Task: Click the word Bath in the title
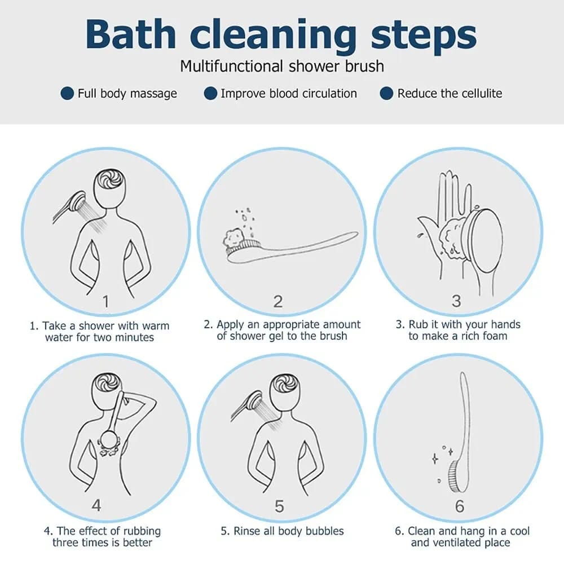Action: click(131, 34)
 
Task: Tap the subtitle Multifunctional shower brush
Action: click(282, 66)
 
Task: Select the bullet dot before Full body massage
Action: click(67, 93)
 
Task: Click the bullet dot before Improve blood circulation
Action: click(210, 93)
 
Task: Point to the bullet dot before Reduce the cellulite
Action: click(387, 93)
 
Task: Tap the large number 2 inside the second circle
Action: click(277, 301)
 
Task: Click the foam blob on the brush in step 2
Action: click(234, 237)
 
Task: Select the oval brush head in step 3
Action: click(486, 241)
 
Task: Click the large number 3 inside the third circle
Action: click(456, 301)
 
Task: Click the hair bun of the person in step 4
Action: click(107, 384)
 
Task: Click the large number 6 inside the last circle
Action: click(459, 506)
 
